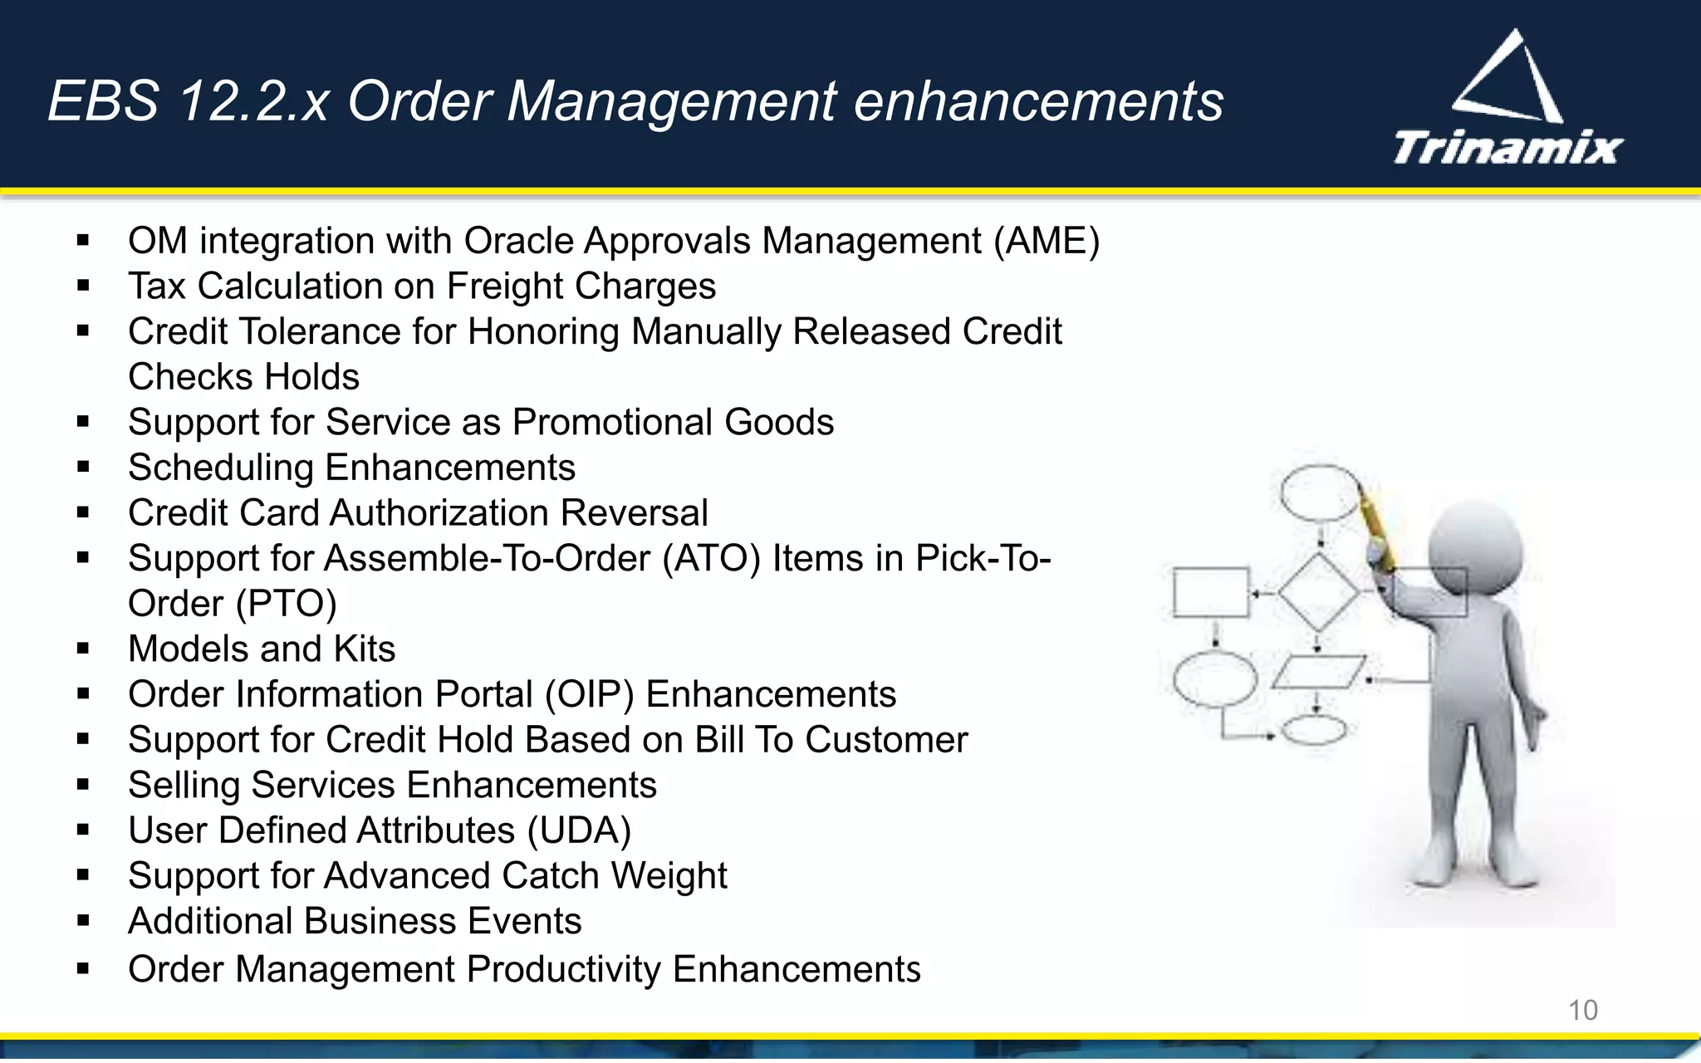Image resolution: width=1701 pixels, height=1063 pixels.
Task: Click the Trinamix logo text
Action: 1507,148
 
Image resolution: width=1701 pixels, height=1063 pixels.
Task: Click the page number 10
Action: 1582,1010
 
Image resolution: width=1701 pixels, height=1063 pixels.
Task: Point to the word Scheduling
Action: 220,468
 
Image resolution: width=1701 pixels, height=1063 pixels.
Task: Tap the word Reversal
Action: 634,513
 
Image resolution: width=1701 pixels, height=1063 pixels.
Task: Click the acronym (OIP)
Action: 589,695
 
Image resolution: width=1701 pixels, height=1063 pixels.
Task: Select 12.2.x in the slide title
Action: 253,101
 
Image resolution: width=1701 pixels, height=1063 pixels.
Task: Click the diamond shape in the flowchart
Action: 1318,593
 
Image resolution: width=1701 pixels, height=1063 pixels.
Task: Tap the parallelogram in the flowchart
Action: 1318,672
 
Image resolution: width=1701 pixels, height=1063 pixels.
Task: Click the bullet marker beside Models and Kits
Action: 82,649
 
